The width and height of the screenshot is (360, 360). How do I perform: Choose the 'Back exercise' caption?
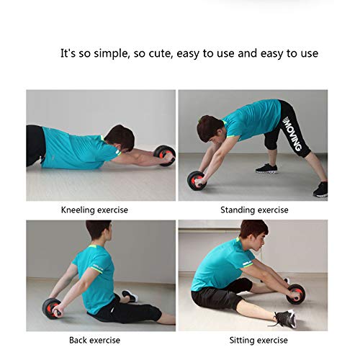coord(94,340)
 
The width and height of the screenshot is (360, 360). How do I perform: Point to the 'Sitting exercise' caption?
coord(253,340)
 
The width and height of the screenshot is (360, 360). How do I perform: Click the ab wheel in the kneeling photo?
coord(164,155)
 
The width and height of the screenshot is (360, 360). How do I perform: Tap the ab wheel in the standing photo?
coord(197,180)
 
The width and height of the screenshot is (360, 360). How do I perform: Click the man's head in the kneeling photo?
coord(120,137)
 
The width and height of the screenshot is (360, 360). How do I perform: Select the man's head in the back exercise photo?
coord(99,232)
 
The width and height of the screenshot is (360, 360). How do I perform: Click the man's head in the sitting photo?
coord(253,232)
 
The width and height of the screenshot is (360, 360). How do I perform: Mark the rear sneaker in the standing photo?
coord(320,189)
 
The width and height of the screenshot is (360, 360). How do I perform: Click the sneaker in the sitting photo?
coord(282,318)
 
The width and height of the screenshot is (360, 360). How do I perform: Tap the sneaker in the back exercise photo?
coord(130,295)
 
